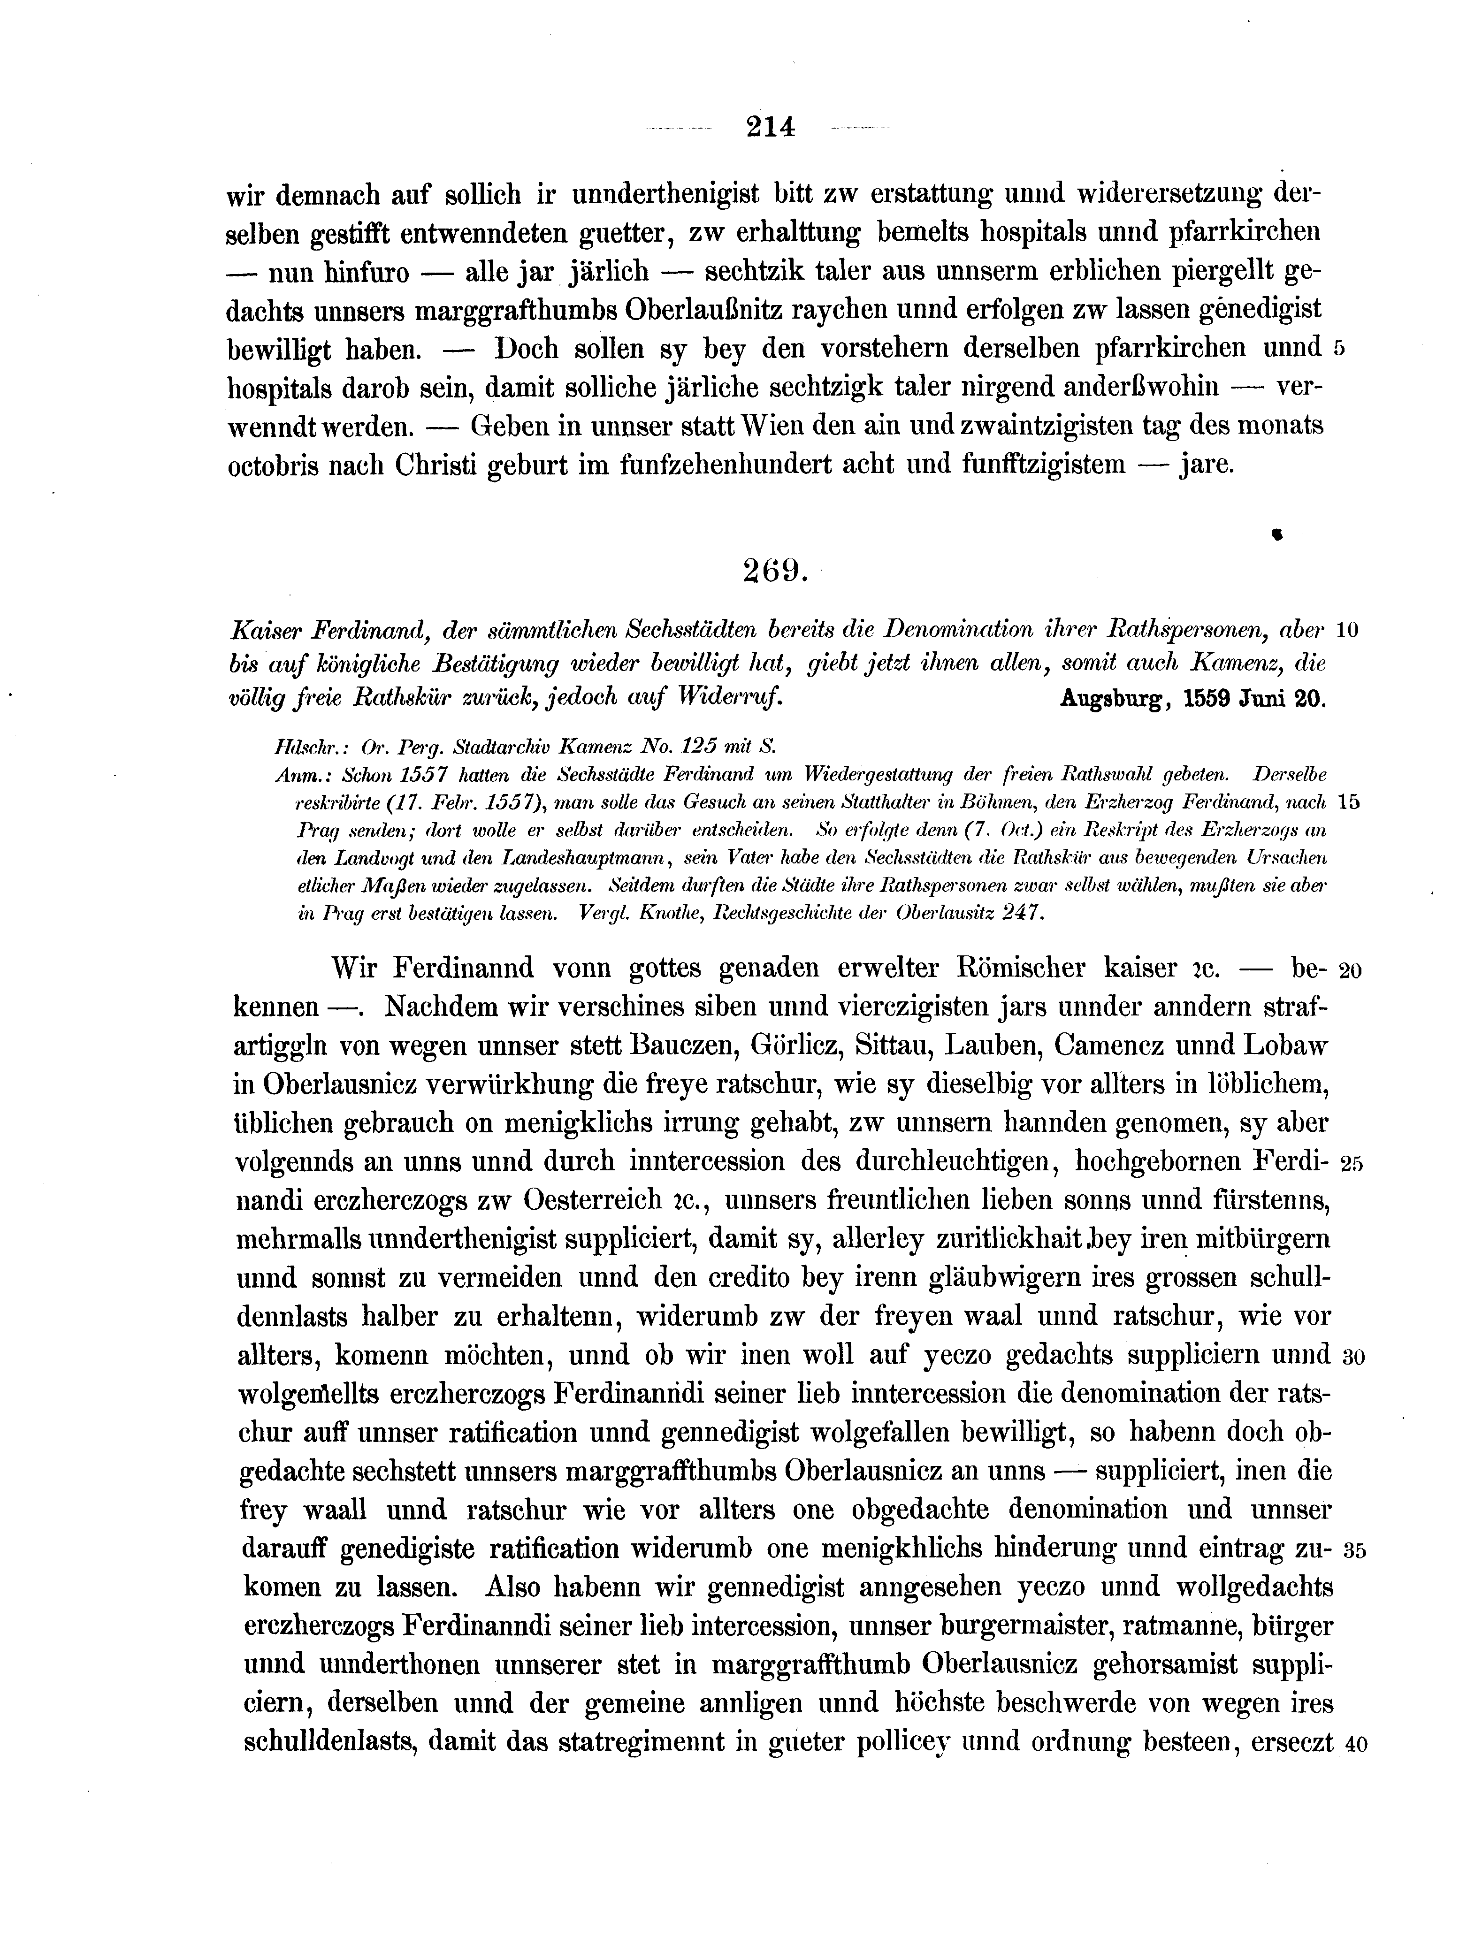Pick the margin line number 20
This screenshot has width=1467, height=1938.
click(x=1351, y=971)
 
